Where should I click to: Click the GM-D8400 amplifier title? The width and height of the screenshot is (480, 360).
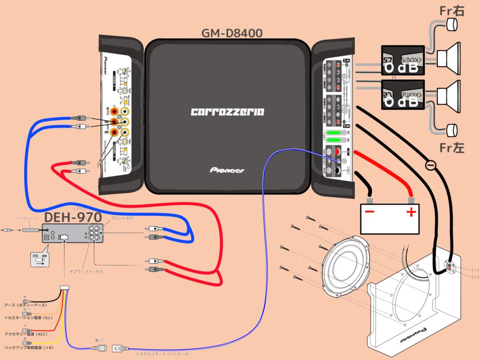[232, 33]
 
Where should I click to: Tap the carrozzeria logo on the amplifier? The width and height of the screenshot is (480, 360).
[227, 112]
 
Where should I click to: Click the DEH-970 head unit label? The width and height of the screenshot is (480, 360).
[73, 217]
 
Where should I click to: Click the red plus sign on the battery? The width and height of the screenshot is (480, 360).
[411, 212]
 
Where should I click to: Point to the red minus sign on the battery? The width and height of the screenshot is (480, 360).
[370, 212]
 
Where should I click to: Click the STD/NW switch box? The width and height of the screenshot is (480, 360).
[39, 259]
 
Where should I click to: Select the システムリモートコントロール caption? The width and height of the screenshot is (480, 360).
[162, 353]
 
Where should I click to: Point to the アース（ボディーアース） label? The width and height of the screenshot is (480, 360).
[25, 305]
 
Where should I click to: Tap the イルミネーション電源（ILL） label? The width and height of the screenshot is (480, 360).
[28, 318]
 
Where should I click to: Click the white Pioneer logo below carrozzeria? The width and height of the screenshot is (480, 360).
[227, 170]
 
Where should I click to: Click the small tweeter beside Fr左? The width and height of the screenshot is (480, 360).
[452, 129]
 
